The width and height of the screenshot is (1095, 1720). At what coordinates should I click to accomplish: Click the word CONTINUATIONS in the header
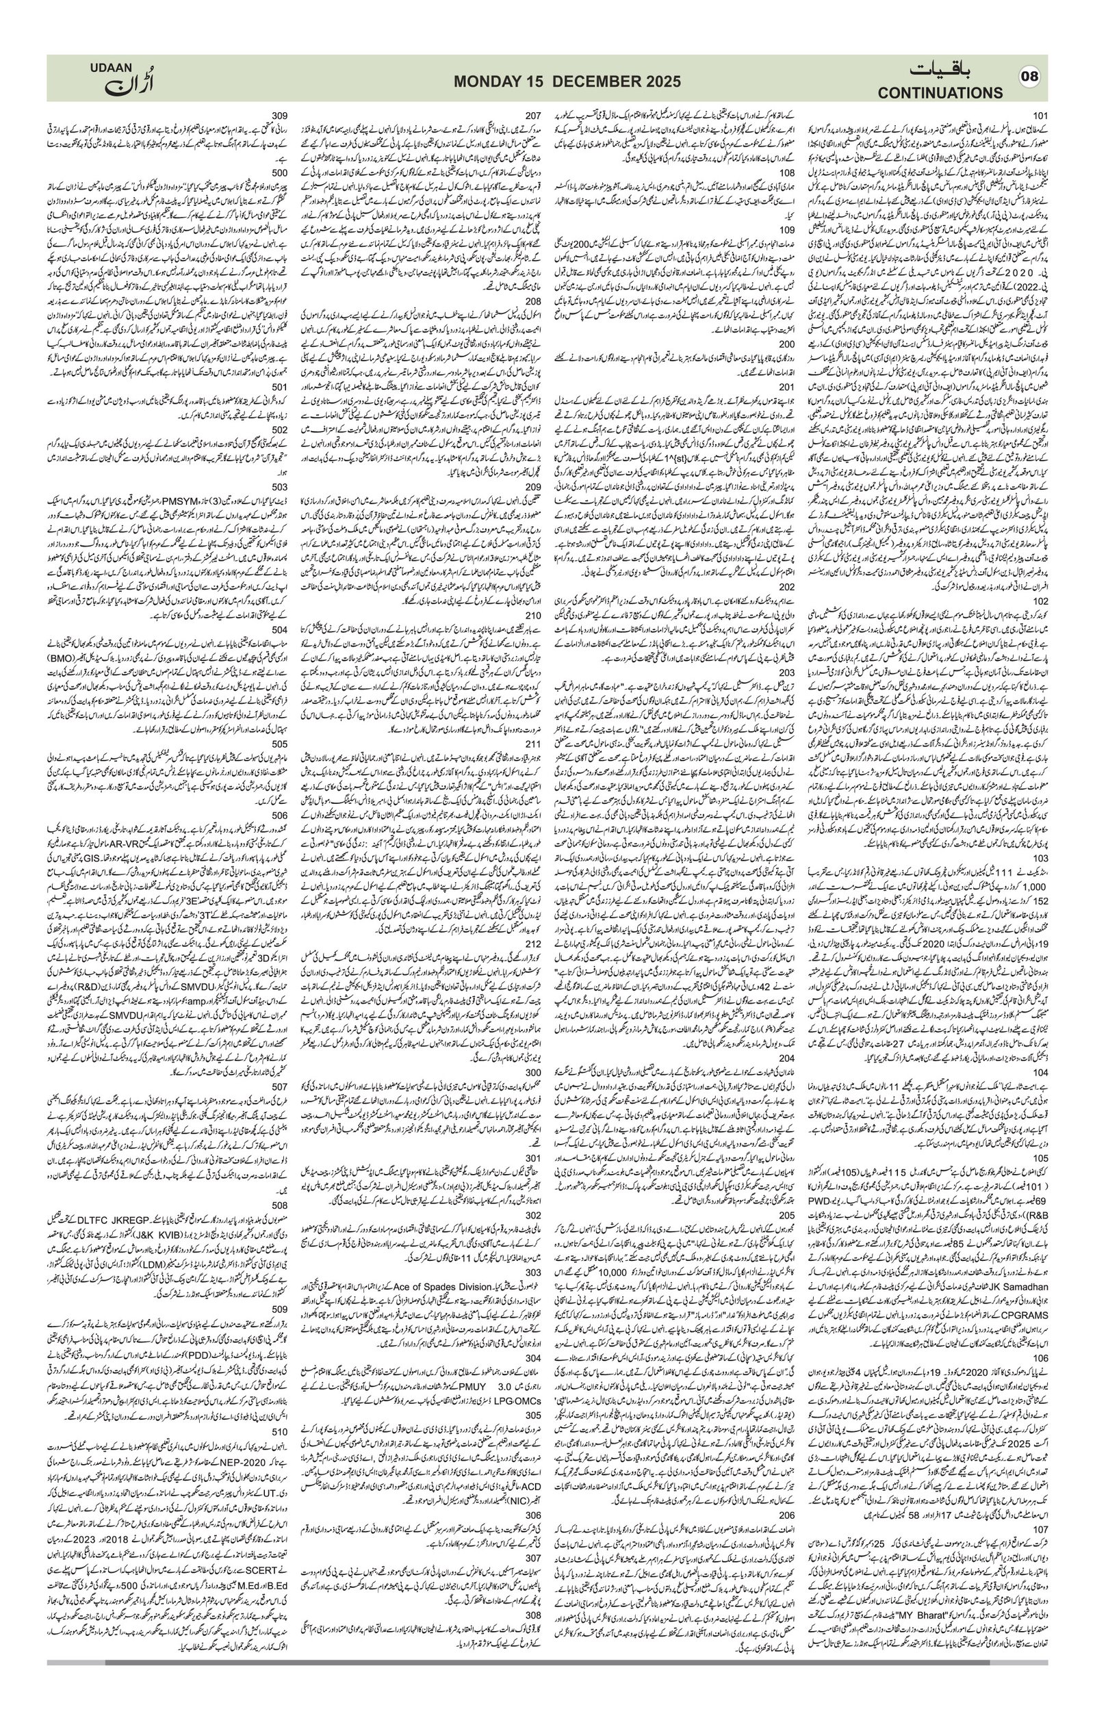[x=940, y=93]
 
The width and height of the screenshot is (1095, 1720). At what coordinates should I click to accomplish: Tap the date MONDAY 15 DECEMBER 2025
[x=567, y=81]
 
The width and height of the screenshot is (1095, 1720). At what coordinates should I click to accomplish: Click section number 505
[x=280, y=744]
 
